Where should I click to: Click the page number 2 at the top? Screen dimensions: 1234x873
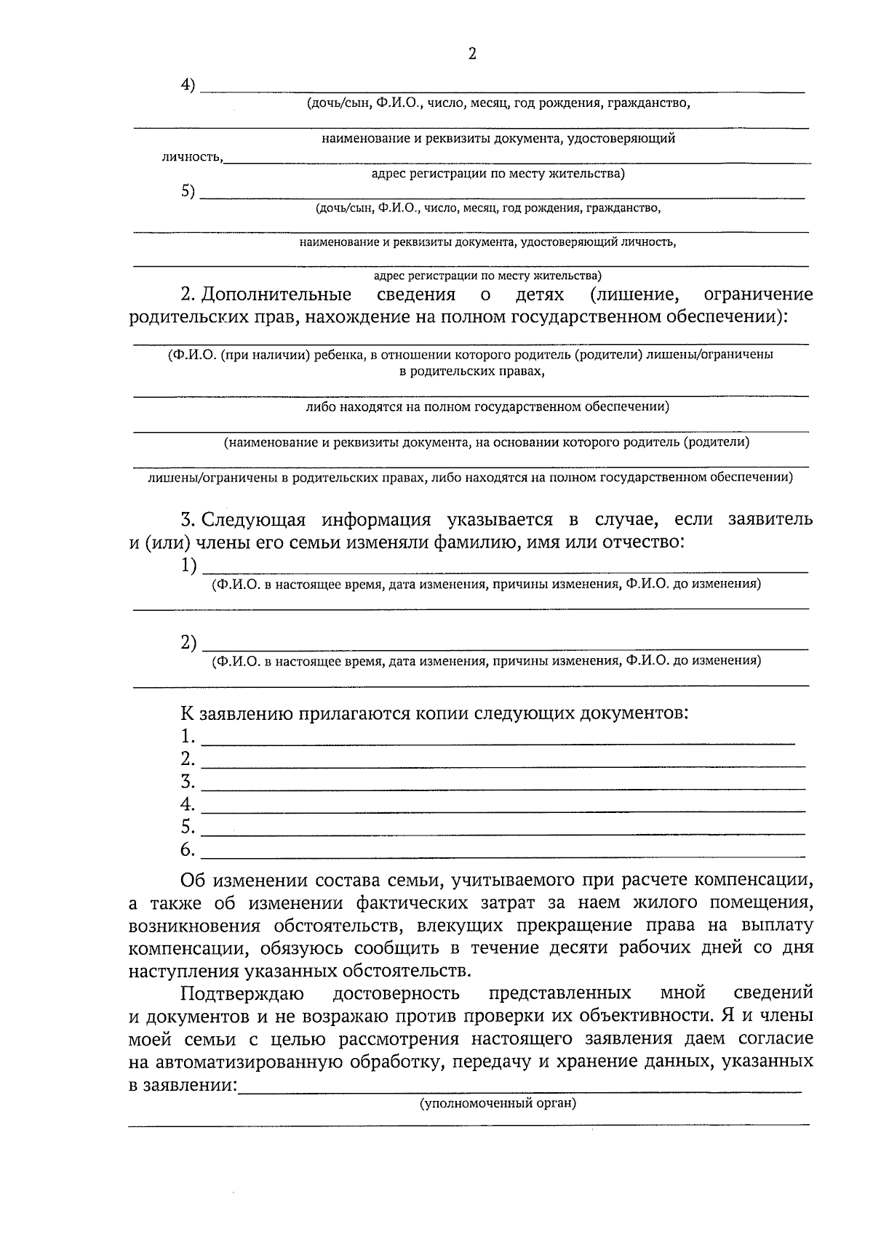coord(472,54)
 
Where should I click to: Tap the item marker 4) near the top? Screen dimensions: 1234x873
coord(188,85)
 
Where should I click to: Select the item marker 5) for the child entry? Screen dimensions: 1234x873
coord(188,191)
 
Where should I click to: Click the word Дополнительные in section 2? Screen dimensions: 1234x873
coord(276,295)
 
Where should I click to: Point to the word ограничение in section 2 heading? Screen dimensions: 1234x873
coord(758,295)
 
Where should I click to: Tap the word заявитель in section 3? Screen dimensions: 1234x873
coord(769,520)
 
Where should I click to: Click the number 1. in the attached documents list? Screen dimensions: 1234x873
coord(188,736)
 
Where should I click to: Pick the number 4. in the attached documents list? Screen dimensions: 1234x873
coord(188,804)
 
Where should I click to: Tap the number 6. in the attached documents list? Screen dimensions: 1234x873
coord(188,849)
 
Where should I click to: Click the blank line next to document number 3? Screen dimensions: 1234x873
coord(502,788)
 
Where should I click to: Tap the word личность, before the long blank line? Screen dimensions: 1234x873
coord(192,157)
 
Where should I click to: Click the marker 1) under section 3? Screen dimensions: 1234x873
coord(188,565)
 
